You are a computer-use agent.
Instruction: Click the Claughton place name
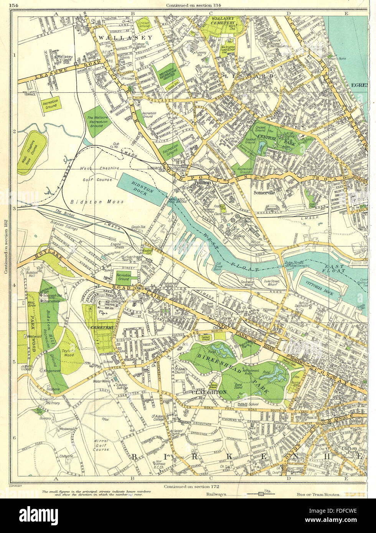[x=211, y=392]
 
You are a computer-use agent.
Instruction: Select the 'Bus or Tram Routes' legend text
[x=318, y=494]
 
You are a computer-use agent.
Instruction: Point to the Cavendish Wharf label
[x=236, y=282]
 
